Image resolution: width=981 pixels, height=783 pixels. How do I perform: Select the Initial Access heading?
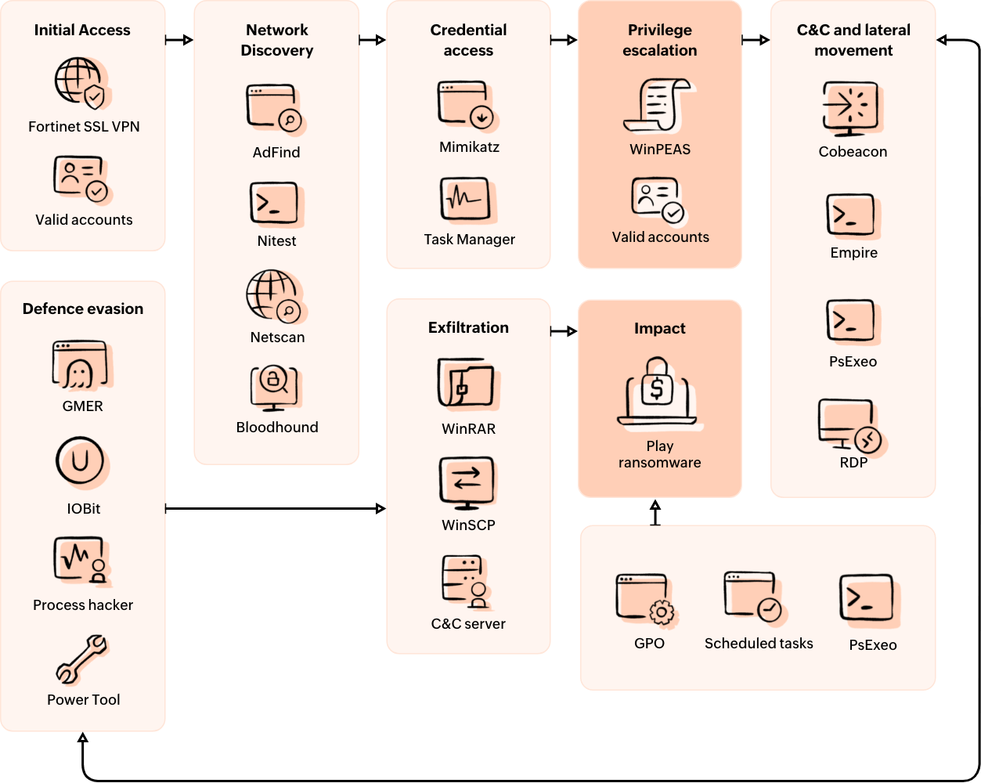[82, 31]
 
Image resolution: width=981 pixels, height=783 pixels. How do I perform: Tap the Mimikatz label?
[469, 147]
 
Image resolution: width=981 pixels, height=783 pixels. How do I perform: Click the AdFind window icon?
[274, 108]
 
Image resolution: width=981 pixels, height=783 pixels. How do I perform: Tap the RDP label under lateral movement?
[853, 463]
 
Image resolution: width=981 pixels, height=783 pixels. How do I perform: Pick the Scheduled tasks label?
[759, 644]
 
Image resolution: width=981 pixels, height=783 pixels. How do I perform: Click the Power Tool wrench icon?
[82, 659]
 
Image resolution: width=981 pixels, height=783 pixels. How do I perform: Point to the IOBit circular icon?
[81, 461]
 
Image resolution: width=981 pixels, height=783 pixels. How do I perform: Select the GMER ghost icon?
[81, 365]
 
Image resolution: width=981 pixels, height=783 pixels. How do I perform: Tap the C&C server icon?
[466, 581]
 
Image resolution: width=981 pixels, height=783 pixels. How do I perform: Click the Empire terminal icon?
[851, 215]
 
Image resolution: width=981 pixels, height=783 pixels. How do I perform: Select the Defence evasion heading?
[83, 309]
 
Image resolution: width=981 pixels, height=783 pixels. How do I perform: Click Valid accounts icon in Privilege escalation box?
[658, 200]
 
